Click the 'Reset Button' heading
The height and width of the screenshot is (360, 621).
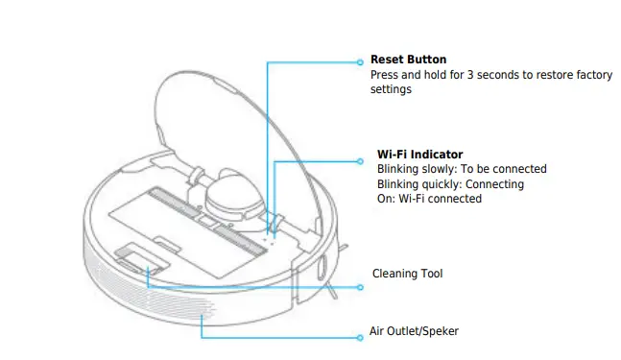[x=408, y=60]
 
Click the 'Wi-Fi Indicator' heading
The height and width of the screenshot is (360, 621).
[x=419, y=154]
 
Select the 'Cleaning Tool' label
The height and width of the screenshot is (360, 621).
[x=407, y=275]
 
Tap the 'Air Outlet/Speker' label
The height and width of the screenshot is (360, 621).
[x=414, y=331]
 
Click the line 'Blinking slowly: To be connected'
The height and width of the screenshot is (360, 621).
[x=462, y=168]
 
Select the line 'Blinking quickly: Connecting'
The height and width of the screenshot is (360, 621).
[x=450, y=183]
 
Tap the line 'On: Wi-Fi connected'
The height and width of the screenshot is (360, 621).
[x=429, y=199]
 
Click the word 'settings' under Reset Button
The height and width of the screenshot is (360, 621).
[x=391, y=88]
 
